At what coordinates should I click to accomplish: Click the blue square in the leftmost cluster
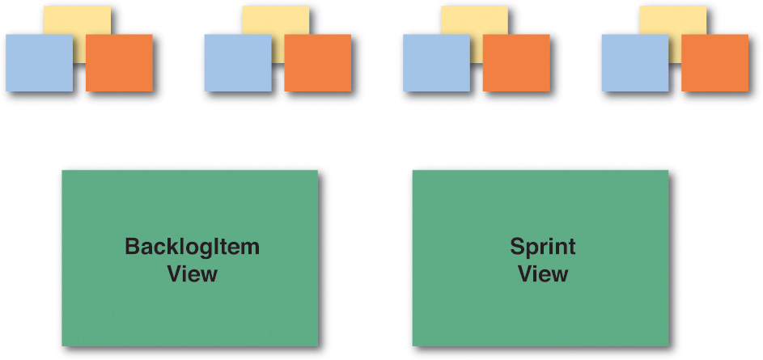coord(39,63)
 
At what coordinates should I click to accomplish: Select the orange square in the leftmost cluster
coord(119,63)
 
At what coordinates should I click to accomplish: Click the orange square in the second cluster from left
coord(318,63)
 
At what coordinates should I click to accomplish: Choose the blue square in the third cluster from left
coord(436,63)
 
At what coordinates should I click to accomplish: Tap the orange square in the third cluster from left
coord(516,63)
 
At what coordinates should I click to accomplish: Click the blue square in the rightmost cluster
coord(635,63)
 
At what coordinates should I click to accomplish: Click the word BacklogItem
coord(193,247)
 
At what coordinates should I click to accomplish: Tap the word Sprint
coord(542,246)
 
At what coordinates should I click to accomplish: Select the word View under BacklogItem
coord(193,273)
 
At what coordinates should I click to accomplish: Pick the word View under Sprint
coord(543,273)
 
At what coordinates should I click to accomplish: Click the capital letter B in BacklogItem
coord(133,246)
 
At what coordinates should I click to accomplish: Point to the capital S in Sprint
coord(518,245)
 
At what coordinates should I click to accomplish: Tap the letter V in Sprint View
coord(525,273)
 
